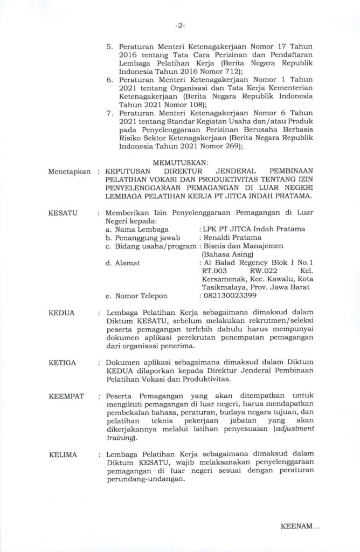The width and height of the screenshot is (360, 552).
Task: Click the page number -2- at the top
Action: (x=181, y=26)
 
